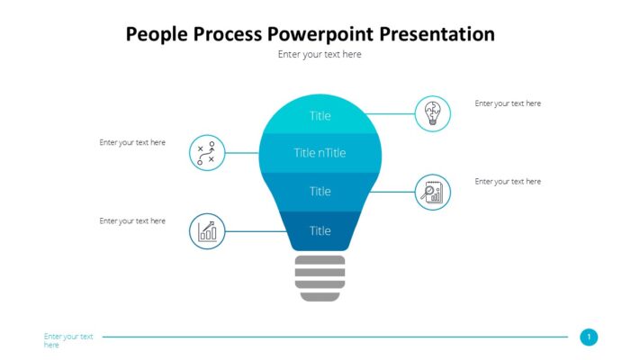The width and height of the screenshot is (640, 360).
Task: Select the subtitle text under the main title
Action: click(x=320, y=55)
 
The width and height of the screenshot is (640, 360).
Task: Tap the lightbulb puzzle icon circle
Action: click(x=432, y=114)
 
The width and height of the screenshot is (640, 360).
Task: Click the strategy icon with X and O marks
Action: click(x=207, y=153)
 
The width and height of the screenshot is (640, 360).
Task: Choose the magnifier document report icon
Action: click(x=432, y=192)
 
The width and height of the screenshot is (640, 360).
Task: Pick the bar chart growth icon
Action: click(x=207, y=231)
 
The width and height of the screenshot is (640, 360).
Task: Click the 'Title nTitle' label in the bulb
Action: click(x=320, y=153)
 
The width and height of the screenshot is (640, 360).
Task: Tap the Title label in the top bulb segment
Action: click(x=320, y=115)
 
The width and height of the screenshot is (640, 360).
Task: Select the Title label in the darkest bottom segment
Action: click(x=320, y=230)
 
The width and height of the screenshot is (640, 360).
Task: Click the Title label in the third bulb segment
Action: click(x=320, y=191)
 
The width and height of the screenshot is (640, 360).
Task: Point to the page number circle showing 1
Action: click(x=589, y=337)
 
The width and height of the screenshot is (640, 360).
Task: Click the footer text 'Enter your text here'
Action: click(x=68, y=340)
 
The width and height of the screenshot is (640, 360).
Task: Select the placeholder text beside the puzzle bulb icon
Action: click(x=508, y=103)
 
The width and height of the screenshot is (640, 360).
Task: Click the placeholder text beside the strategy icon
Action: click(x=132, y=142)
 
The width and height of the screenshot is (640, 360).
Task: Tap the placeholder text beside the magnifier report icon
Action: click(x=508, y=182)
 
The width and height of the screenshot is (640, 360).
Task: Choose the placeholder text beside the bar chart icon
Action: click(x=132, y=220)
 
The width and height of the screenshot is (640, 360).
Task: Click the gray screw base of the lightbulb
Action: click(x=320, y=277)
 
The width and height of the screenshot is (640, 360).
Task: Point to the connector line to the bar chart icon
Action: click(x=257, y=231)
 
